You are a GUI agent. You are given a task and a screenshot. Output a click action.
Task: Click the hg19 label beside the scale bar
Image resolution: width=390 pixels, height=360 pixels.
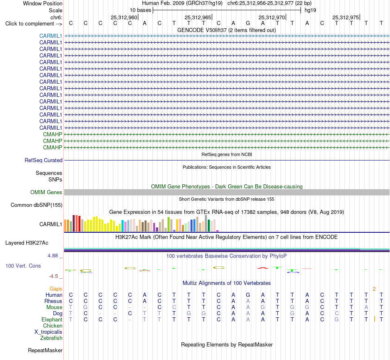pos(310,10)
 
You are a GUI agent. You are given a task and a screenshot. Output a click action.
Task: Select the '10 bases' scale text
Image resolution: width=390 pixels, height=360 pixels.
pos(140,10)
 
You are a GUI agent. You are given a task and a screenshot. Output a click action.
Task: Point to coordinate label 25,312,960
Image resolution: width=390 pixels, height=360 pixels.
pos(124,17)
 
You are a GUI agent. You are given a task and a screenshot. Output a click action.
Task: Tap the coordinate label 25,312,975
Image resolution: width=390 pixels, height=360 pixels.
pos(346,17)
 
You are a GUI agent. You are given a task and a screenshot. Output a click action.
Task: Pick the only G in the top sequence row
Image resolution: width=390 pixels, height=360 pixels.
pos(248,23)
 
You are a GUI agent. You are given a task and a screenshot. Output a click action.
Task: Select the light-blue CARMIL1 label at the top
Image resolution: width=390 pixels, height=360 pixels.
pos(50,36)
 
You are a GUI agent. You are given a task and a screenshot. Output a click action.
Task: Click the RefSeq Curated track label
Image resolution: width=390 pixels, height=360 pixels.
pos(44,161)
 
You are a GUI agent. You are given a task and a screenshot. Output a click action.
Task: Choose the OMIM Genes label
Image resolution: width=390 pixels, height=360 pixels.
pos(46,192)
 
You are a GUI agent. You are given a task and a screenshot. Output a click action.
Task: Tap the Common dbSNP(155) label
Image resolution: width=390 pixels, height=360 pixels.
pos(37,205)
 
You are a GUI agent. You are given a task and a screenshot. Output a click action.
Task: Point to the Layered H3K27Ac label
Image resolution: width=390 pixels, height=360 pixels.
pos(27,243)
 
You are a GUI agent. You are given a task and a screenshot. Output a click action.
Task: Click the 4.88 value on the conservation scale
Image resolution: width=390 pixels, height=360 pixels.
pos(53,256)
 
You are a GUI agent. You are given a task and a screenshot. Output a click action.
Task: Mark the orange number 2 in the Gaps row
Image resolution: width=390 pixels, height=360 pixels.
pos(374,289)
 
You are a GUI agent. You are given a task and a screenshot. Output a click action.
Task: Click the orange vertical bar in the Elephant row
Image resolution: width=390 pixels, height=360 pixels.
pos(374,319)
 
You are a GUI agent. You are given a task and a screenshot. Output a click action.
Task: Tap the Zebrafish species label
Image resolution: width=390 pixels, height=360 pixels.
pos(51,338)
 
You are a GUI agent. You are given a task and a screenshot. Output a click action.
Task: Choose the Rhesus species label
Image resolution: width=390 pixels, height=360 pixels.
pos(53,301)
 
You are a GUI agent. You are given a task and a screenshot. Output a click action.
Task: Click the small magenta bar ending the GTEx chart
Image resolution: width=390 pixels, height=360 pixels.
pos(218,231)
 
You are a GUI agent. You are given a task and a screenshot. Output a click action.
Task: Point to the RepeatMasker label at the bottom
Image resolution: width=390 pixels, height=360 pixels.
pos(45,350)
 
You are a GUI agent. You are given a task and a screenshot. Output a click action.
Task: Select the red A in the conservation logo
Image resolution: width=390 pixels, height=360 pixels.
pos(263,268)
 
